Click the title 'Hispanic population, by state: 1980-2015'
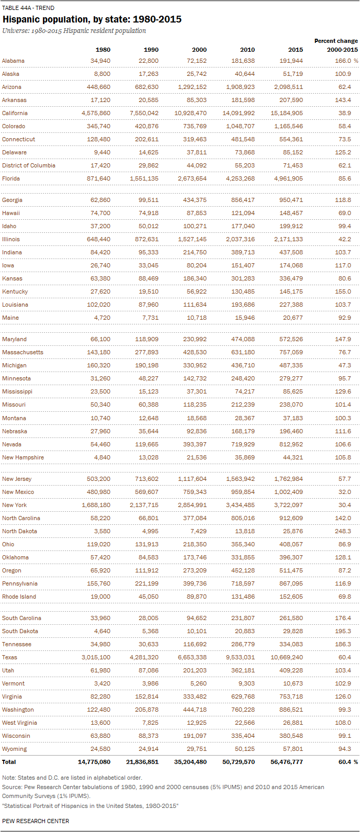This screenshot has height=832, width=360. (92, 19)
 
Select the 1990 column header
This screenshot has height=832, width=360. (151, 50)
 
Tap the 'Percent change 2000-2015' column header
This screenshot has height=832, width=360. (336, 45)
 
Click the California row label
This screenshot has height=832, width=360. (15, 113)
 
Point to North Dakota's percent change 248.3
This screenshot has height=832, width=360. (343, 531)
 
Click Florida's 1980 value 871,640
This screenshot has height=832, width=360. (96, 178)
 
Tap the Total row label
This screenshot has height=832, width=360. (9, 762)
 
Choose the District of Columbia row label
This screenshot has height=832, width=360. (29, 165)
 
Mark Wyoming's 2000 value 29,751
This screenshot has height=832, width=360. (196, 749)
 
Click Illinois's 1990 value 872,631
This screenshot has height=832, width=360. (144, 239)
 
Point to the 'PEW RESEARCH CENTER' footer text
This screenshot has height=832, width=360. (36, 821)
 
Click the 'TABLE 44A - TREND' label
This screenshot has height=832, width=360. (28, 8)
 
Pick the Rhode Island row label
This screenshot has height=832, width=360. (19, 597)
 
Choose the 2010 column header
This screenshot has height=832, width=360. (248, 50)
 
